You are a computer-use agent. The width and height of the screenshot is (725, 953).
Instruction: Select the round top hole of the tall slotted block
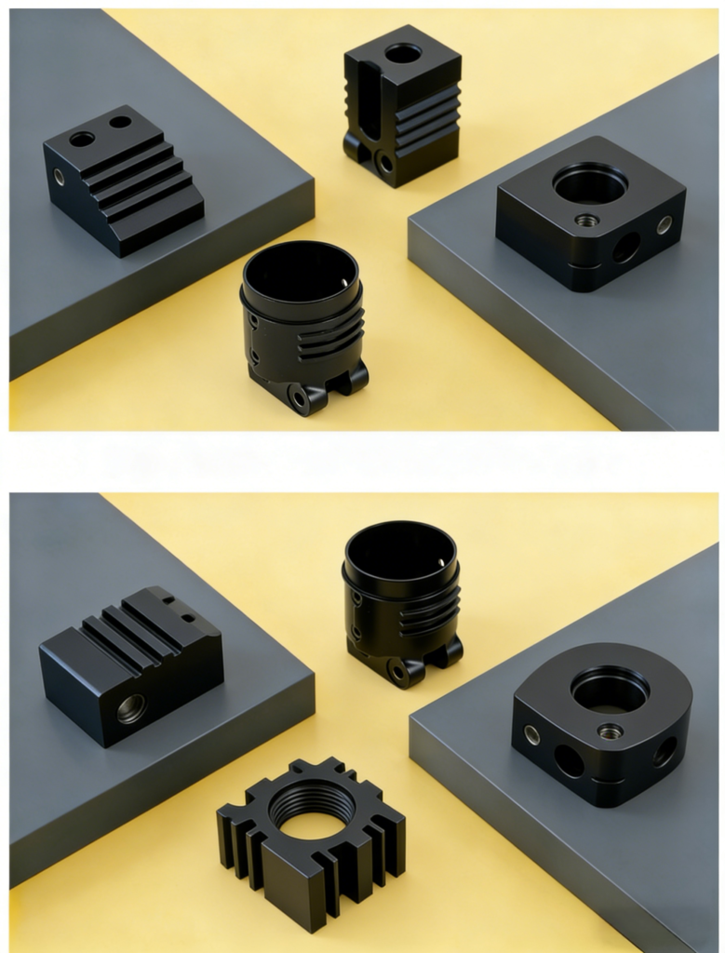point(403,53)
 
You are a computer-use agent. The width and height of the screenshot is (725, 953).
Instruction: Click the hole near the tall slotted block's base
point(384,164)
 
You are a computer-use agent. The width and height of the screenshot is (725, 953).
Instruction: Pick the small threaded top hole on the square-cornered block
point(586,221)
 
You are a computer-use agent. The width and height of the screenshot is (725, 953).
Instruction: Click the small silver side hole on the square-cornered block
point(664,224)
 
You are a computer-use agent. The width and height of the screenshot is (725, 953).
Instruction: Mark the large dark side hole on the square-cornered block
point(625,248)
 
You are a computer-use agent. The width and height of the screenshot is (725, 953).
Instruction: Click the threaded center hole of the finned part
point(312,812)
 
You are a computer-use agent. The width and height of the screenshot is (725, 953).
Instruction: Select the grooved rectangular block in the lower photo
point(130,664)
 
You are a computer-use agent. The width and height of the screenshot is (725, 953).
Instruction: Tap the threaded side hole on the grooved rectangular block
point(131,709)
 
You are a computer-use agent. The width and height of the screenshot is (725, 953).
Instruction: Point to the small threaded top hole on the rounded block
point(610,732)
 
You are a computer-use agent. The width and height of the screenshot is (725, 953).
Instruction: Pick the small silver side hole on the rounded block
point(531,734)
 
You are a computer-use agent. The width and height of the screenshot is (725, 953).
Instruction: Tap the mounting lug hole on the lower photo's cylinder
point(397,672)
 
